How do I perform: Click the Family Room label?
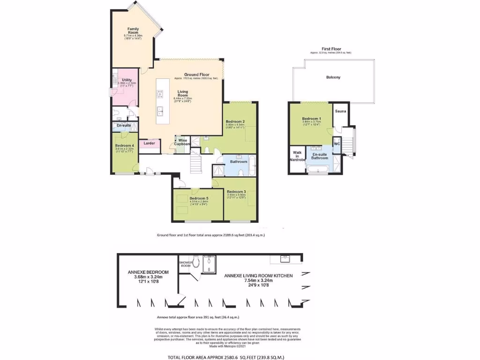tap(133, 31)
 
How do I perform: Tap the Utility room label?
tap(127, 80)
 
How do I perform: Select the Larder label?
tap(150, 143)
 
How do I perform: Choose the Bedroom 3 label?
tap(236, 191)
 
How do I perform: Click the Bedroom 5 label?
tap(199, 198)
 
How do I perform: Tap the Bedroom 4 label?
tap(125, 145)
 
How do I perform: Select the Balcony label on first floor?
tap(333, 77)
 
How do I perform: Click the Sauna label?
tap(340, 112)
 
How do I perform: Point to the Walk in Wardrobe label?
tap(297, 156)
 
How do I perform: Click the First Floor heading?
tap(331, 49)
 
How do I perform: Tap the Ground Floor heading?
tap(196, 75)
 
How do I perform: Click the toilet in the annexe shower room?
tap(197, 261)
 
